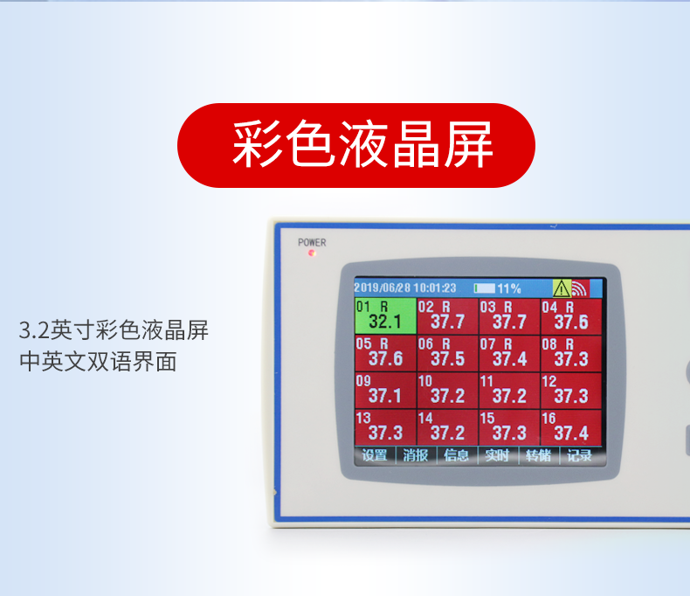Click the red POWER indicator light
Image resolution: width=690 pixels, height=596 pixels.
[312, 253]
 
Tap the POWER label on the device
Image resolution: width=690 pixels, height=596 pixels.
[312, 243]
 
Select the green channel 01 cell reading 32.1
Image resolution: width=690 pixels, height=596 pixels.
[385, 315]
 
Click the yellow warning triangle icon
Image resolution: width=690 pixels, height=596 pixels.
[562, 288]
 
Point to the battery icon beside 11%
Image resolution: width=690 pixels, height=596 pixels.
[485, 288]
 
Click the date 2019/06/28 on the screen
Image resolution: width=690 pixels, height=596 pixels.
[383, 288]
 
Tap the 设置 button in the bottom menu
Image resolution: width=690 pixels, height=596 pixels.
[375, 455]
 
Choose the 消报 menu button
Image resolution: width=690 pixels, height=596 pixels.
[416, 455]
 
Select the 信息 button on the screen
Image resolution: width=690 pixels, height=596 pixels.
[456, 455]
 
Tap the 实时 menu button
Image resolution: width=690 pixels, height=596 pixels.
[497, 455]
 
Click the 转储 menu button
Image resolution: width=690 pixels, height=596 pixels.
[538, 455]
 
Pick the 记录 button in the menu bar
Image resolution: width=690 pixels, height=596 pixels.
[579, 455]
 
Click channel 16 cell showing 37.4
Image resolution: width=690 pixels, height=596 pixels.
[570, 427]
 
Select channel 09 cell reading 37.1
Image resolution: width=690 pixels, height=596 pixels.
[385, 391]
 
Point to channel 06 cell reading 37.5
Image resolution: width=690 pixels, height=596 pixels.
[447, 353]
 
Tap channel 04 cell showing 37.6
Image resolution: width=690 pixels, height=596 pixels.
[570, 315]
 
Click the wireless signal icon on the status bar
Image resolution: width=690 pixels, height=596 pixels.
[580, 288]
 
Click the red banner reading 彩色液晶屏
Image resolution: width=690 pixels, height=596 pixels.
[356, 145]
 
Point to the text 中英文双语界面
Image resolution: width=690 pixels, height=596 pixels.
[98, 362]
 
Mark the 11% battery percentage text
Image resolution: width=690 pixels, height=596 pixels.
[509, 288]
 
